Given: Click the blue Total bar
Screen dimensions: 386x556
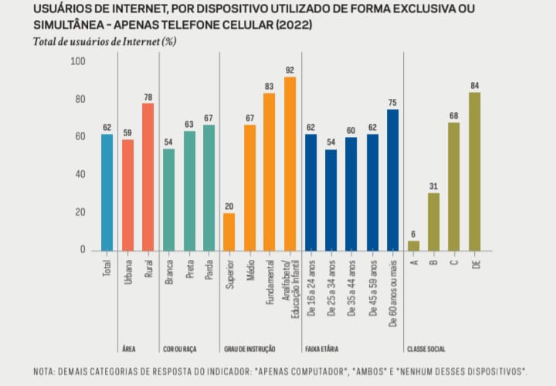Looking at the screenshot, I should (x=107, y=192).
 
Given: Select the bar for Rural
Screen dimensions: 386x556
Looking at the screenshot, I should (x=147, y=176).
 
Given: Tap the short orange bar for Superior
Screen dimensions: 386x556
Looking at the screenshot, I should (x=229, y=231).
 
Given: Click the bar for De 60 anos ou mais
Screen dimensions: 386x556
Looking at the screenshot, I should (x=392, y=179).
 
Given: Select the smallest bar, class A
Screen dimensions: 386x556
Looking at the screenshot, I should (x=413, y=245).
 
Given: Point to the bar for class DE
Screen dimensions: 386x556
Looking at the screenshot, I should (x=474, y=171).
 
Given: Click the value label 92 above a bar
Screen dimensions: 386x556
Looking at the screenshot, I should (x=290, y=70).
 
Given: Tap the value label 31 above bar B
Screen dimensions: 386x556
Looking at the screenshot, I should (x=433, y=186).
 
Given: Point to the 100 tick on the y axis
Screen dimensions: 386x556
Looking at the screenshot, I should (x=78, y=61).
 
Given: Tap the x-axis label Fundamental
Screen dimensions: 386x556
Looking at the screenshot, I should (x=270, y=285).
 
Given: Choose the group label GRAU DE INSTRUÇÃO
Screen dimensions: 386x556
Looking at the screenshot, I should (x=249, y=349).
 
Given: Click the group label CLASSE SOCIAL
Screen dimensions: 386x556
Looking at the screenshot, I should (x=426, y=349).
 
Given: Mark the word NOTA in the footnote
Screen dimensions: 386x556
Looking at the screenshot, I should (x=45, y=371).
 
